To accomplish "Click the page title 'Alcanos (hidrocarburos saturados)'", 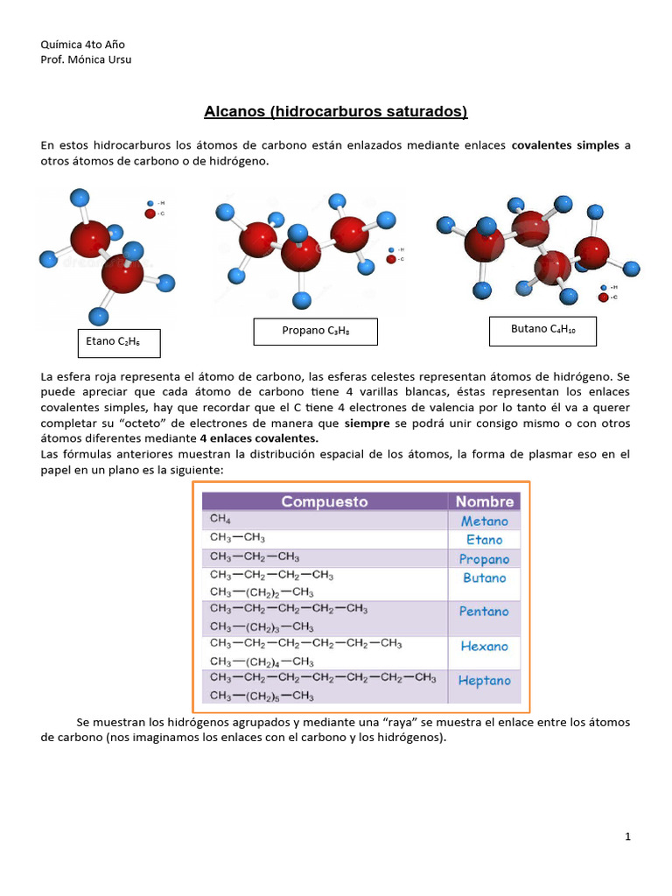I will [x=336, y=111].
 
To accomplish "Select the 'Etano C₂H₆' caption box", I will [x=108, y=342].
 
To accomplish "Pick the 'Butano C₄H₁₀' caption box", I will [x=542, y=330].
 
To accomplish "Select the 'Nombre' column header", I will [x=484, y=501].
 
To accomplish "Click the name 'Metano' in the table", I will [x=484, y=521].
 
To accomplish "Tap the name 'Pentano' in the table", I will [x=484, y=612].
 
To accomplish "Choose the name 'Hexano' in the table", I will [x=484, y=647].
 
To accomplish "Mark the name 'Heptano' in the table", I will [x=484, y=680].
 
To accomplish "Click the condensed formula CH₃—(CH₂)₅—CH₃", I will [x=262, y=696].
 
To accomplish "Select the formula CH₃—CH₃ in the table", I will [x=237, y=538].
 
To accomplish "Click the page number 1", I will [x=627, y=836].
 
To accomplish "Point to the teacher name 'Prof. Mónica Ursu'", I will [x=86, y=59].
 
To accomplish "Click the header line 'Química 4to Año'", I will [x=77, y=45].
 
